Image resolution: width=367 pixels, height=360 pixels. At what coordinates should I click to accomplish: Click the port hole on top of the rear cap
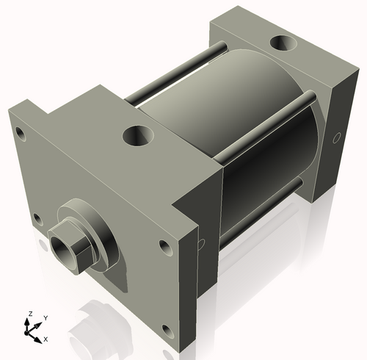[283, 43]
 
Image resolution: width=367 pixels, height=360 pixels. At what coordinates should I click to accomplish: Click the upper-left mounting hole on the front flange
[20, 134]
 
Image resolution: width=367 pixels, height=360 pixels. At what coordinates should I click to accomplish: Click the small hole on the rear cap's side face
[337, 137]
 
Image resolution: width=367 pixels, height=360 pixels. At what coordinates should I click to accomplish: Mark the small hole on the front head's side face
[200, 244]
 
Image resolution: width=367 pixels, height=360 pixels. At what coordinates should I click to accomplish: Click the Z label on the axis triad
[30, 314]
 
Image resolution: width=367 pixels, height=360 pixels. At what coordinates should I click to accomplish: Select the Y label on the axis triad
[45, 317]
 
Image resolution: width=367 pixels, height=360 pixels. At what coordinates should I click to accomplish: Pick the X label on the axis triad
[46, 339]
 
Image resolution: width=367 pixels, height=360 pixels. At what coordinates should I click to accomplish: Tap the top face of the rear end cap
[257, 29]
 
